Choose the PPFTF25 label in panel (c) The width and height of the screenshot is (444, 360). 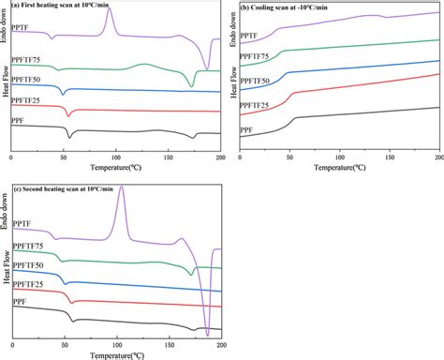pyautogui.click(x=27, y=283)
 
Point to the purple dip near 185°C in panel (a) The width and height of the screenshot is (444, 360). pyautogui.click(x=176, y=68)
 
